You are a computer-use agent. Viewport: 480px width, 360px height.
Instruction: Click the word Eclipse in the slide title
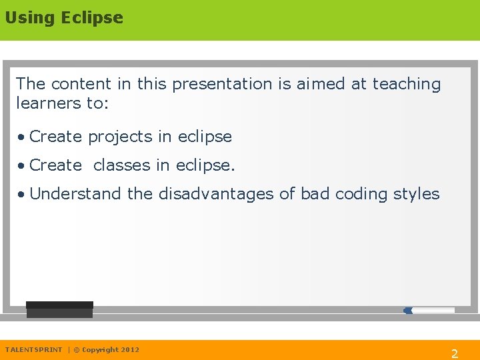click(92, 18)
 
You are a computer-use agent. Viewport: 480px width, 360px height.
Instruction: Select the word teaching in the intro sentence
click(407, 84)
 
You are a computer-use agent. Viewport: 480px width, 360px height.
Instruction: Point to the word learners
click(45, 103)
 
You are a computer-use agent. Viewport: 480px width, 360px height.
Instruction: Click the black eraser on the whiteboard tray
click(59, 310)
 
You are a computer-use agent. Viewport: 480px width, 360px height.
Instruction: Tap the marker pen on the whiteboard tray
click(429, 310)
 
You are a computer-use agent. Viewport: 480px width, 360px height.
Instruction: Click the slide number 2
click(455, 354)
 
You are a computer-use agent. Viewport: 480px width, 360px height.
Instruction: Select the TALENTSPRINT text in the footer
click(33, 349)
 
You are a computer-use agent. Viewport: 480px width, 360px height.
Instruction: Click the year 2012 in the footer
click(130, 349)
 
